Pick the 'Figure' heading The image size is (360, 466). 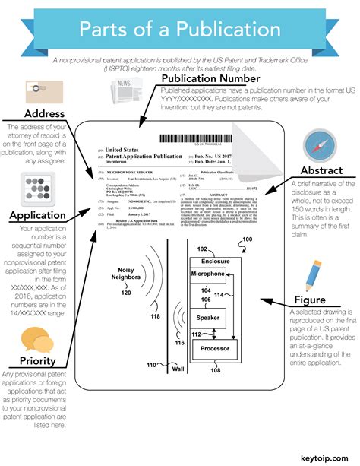pos(314,299)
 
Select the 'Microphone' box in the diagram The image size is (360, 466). pos(207,274)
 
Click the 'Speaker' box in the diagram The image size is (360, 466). pos(207,317)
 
